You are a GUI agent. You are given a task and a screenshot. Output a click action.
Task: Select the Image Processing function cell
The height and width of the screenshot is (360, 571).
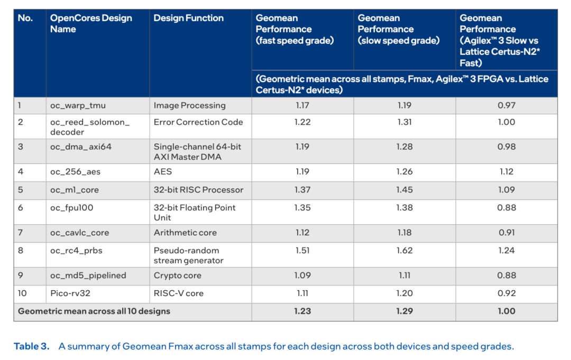(189, 105)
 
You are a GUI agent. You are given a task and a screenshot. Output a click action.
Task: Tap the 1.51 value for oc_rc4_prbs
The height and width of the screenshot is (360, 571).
(302, 251)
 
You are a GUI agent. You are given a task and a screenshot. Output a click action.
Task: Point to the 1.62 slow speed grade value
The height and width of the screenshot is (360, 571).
(404, 251)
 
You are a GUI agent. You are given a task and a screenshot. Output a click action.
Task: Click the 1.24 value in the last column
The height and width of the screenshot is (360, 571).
(506, 251)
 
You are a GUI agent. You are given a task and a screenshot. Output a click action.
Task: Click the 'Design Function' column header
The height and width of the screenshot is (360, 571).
(188, 18)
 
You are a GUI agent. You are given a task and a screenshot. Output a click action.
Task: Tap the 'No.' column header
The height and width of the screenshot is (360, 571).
(25, 18)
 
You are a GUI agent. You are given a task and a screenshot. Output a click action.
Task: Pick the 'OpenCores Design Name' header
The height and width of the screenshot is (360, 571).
(91, 24)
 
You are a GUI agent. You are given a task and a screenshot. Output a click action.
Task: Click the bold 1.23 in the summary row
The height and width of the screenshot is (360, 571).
(302, 311)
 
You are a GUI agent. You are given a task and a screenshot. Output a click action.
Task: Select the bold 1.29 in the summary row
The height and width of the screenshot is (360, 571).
(404, 311)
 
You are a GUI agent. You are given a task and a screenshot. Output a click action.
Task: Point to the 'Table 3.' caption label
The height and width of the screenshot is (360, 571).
(31, 347)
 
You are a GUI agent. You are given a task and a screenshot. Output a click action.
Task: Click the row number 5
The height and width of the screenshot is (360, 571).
(21, 190)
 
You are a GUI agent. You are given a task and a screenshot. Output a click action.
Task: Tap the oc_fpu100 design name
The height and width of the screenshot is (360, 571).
(71, 208)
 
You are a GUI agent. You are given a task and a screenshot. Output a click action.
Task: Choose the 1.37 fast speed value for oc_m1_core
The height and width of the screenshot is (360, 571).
(302, 190)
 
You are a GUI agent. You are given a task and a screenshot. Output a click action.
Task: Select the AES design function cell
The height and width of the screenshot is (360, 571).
(163, 172)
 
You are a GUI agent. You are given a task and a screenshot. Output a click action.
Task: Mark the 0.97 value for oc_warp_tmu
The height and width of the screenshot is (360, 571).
(506, 105)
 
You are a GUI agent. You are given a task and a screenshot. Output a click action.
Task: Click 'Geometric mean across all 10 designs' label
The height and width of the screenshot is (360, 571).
(94, 311)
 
